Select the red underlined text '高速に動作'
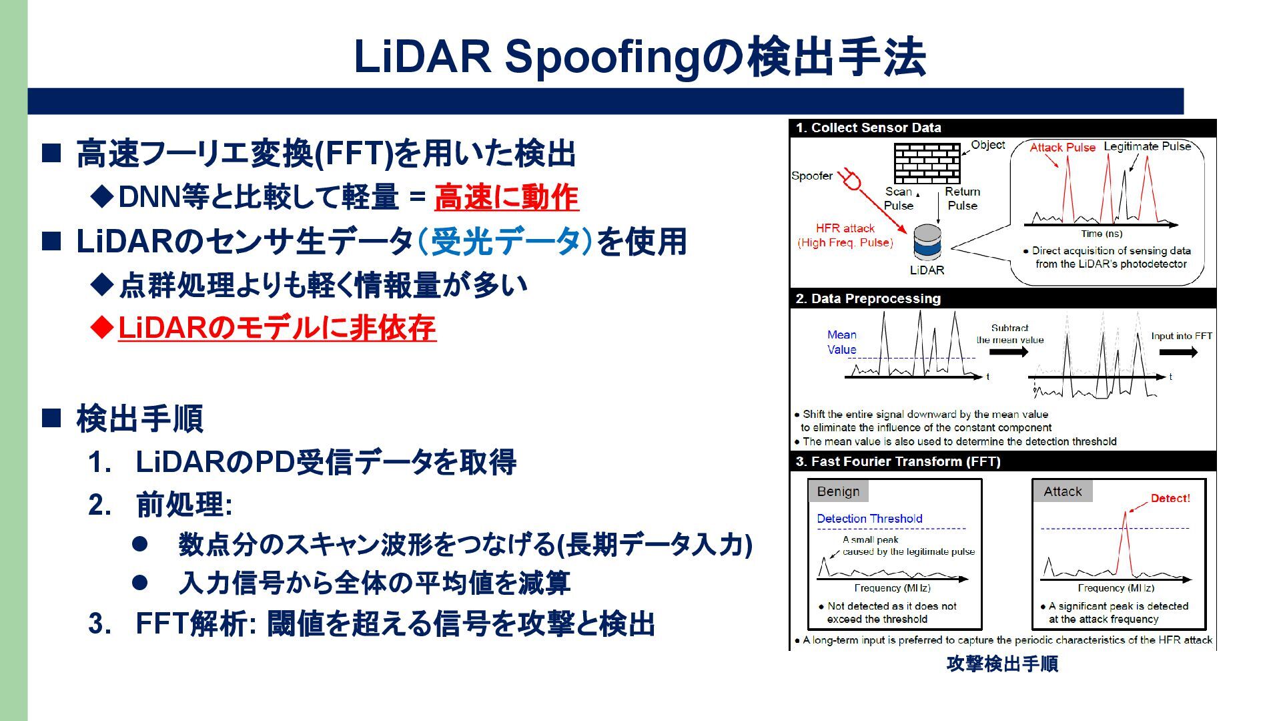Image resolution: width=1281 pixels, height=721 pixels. point(506,198)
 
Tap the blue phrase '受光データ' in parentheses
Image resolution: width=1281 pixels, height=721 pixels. point(505,242)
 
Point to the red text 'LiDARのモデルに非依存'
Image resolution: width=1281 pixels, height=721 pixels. point(277,328)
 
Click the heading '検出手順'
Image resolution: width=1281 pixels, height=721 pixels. point(139,419)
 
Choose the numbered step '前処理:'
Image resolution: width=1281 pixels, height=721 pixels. point(184,505)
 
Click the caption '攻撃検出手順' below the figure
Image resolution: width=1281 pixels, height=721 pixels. point(1002,664)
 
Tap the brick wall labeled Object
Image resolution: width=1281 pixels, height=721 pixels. point(927,164)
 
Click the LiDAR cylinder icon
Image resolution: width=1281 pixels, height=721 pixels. point(927,243)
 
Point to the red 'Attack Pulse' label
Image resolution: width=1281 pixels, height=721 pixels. point(1062,148)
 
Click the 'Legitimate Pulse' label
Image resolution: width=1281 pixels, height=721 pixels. point(1147,146)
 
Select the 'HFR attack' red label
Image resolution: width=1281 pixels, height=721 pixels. point(845,228)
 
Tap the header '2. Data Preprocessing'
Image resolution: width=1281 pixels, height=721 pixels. point(868,298)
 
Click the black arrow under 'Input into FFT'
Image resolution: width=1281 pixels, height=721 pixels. point(1178,352)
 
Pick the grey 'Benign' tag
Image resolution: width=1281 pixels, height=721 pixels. point(838,491)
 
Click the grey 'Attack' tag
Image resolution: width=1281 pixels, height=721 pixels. point(1062,491)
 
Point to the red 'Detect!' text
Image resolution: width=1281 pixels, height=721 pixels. point(1170,498)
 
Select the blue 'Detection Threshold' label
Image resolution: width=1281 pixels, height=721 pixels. point(869,519)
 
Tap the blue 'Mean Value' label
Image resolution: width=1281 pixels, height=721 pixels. point(842,342)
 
